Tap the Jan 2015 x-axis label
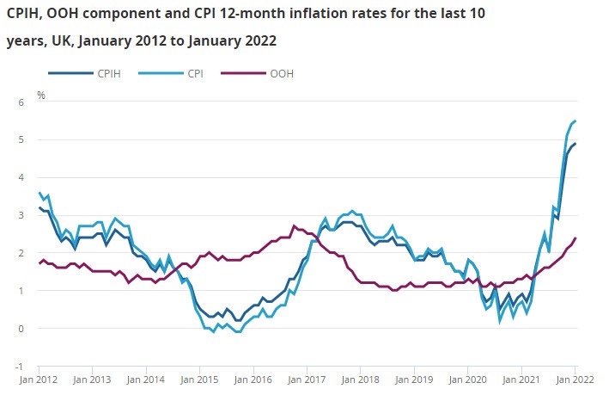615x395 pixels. click(200, 379)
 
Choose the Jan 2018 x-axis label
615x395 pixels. click(361, 379)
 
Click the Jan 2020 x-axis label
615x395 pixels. click(468, 379)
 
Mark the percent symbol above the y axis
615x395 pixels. click(40, 94)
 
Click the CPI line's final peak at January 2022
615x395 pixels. click(575, 120)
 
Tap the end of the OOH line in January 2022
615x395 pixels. click(575, 238)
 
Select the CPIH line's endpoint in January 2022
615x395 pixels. click(575, 144)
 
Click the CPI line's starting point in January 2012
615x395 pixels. click(40, 193)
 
